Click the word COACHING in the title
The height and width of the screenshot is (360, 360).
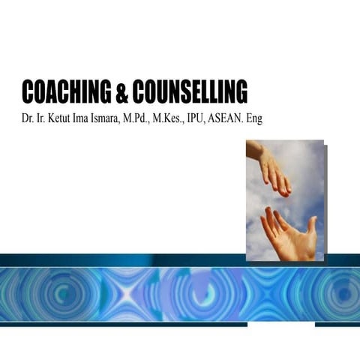67,91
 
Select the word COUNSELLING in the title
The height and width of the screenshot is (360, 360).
190,91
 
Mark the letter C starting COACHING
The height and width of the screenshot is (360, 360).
29,91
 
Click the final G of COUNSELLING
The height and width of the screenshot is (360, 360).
241,91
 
